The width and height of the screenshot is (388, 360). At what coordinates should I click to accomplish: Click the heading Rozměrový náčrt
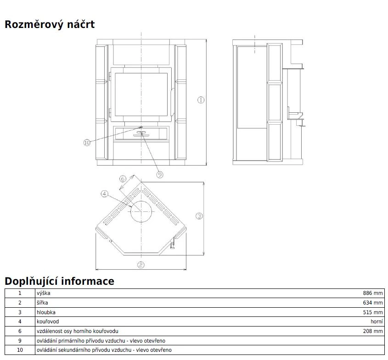[50, 24]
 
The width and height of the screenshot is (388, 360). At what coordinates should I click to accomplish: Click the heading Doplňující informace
[59, 281]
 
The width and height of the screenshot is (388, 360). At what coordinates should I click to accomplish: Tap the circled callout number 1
[201, 100]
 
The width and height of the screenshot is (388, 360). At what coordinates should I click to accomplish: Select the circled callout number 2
[141, 265]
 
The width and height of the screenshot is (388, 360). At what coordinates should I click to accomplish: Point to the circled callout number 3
[199, 216]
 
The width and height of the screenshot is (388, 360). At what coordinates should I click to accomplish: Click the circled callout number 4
[104, 194]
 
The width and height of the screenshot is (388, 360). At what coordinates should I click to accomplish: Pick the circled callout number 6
[123, 179]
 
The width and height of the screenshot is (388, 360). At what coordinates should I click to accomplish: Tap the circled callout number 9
[160, 174]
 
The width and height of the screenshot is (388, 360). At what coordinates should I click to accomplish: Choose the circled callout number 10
[87, 143]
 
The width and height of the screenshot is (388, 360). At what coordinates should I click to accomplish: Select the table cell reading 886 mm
[372, 293]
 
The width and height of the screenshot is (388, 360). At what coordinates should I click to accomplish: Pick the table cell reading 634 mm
[372, 303]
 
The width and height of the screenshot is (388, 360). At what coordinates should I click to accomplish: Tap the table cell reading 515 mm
[372, 312]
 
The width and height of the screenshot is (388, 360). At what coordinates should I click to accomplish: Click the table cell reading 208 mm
[372, 331]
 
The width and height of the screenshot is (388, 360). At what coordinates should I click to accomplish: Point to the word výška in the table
[44, 293]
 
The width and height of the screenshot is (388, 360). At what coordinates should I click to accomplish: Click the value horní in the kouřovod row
[377, 321]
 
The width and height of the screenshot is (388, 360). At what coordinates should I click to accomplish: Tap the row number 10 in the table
[20, 350]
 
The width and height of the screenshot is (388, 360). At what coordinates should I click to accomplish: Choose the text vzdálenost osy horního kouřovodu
[78, 331]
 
